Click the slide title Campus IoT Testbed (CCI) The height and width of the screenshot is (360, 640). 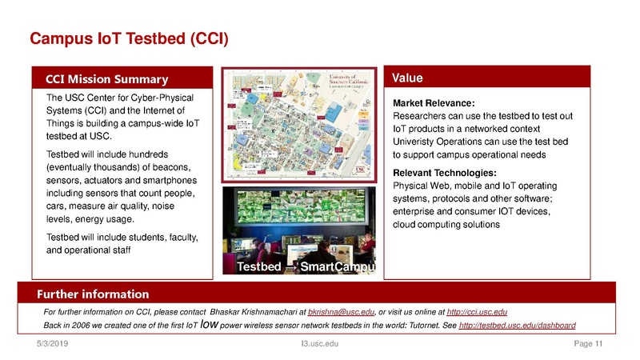click(129, 38)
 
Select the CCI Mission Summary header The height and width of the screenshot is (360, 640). click(106, 78)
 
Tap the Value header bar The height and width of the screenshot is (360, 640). click(408, 78)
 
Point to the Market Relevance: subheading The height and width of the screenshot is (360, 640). click(434, 103)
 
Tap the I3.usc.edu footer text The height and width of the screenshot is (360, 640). click(318, 345)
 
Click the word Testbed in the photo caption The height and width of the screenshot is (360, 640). click(258, 268)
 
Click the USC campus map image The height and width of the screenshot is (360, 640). click(299, 123)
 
